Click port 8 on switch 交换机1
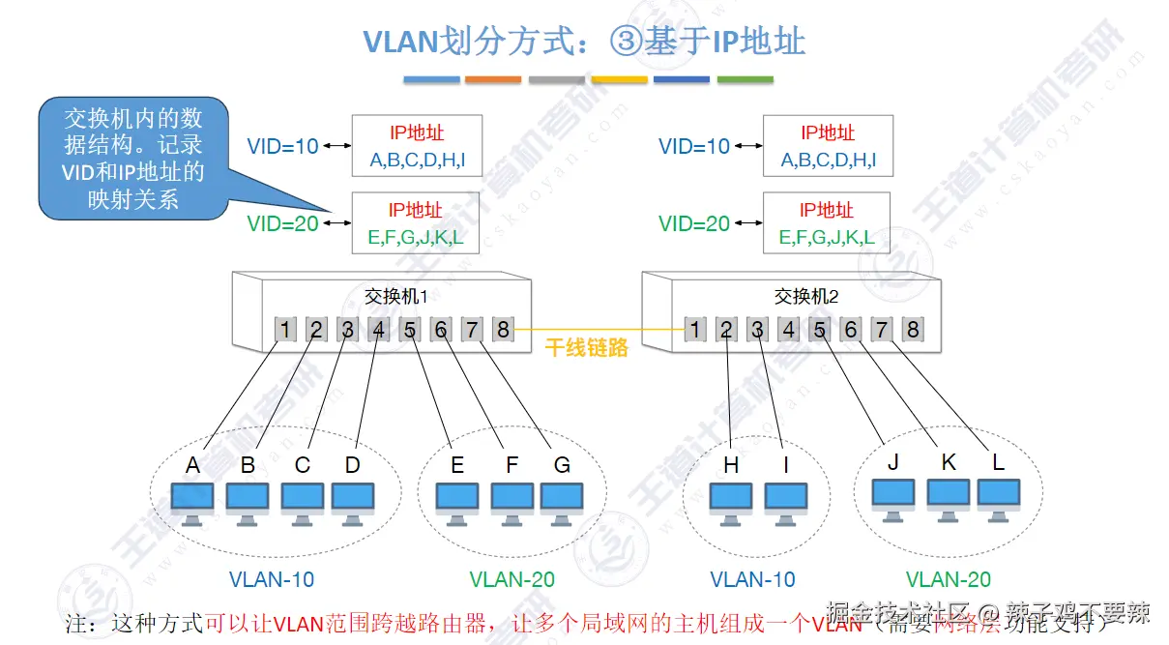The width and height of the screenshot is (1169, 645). (503, 330)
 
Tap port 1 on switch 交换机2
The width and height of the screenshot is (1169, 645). (695, 331)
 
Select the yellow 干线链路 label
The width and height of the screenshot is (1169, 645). (587, 348)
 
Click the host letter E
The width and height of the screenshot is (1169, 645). (457, 465)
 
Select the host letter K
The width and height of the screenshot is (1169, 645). (948, 461)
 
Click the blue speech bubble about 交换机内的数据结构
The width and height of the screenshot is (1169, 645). (133, 159)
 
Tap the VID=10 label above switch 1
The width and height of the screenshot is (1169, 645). (282, 147)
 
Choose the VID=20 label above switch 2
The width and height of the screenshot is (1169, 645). (694, 224)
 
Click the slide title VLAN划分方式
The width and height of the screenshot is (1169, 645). (584, 42)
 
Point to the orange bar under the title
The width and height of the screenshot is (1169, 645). (492, 79)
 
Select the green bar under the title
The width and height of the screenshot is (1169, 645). (745, 79)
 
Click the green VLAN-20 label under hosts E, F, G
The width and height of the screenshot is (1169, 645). (511, 579)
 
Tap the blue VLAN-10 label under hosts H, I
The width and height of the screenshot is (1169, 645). (752, 579)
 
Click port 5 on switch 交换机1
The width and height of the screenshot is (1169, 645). (410, 330)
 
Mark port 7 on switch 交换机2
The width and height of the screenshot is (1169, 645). (881, 331)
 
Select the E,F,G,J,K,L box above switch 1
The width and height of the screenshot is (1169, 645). (416, 223)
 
